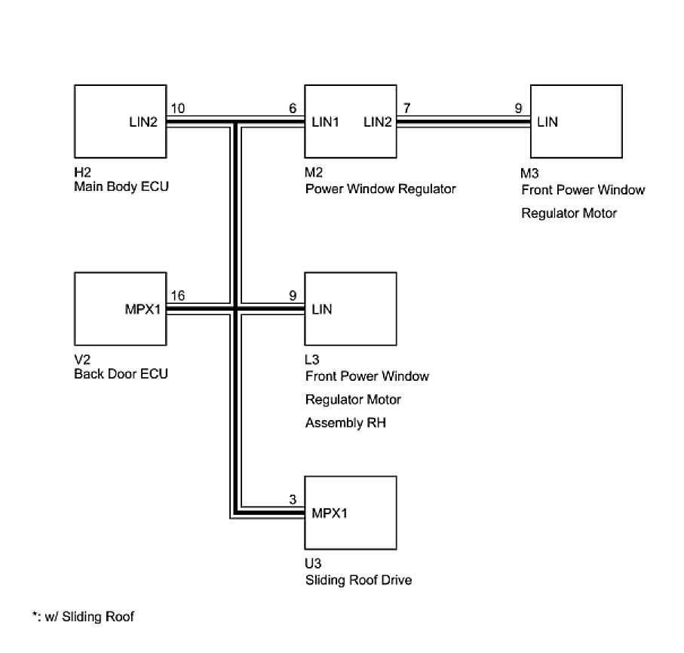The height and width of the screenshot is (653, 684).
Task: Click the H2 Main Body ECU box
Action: (121, 121)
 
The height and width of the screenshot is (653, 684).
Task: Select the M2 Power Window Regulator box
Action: (350, 121)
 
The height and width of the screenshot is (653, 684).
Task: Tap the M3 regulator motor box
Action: (576, 121)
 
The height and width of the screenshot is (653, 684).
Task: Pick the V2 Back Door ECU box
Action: (121, 308)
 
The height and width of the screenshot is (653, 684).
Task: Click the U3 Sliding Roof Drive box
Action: (350, 514)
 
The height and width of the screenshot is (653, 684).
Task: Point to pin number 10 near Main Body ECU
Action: (178, 109)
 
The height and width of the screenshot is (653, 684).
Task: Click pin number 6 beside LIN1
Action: (292, 109)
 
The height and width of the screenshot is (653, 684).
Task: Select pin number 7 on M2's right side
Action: (406, 109)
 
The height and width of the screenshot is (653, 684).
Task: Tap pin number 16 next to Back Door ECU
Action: (178, 296)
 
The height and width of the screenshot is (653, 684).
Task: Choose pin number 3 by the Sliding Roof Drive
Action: (292, 501)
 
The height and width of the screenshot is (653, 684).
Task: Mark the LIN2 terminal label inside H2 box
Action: (143, 122)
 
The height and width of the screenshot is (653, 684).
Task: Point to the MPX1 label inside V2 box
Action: (142, 309)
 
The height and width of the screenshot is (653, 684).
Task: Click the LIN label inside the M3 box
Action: (548, 122)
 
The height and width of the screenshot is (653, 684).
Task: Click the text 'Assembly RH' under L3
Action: (345, 423)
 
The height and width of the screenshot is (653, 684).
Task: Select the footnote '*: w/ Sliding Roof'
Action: (83, 617)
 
